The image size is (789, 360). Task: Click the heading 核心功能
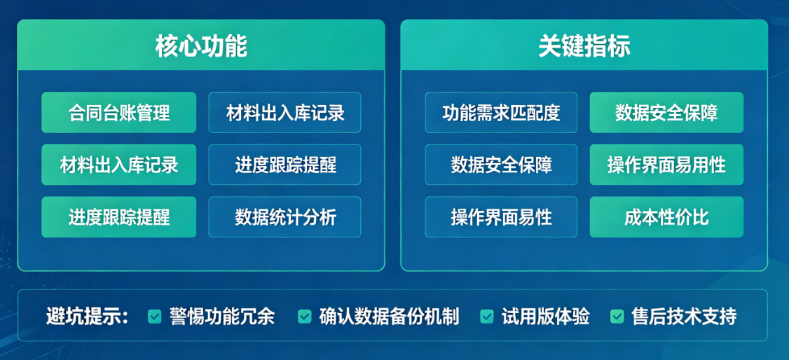point(201,46)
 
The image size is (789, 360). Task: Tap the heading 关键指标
point(584,46)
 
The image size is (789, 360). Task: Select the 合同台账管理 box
point(118,113)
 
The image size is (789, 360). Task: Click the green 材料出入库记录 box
point(118,165)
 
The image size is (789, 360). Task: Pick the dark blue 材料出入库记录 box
point(284,113)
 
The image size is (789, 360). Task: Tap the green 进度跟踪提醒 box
point(118,217)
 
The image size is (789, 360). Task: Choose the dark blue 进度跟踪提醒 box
point(284,165)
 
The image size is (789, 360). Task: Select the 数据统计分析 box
point(284,217)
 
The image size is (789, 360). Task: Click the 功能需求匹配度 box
point(501,113)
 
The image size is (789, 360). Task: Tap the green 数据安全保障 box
point(666,113)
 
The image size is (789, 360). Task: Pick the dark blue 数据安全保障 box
point(501,165)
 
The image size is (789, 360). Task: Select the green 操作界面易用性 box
point(666,165)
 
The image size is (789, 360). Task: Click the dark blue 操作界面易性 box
point(501,217)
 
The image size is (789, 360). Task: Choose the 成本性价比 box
point(666,217)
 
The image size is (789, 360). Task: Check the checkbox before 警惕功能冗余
point(155,317)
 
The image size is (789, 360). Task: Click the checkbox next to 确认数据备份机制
point(304,317)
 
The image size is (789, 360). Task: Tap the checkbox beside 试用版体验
point(487,317)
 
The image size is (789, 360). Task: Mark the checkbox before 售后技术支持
point(617,317)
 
